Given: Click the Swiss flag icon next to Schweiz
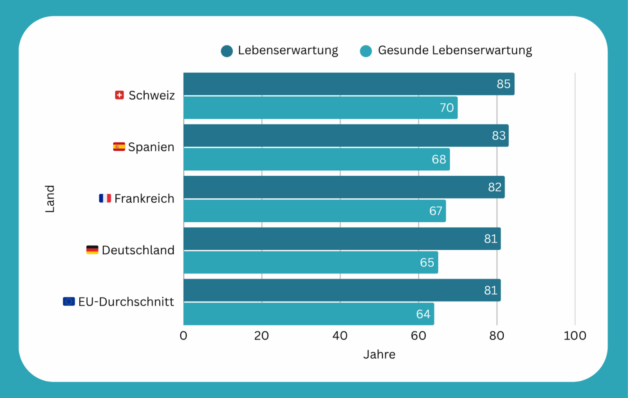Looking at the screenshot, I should [x=119, y=95].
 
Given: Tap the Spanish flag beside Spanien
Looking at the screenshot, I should [x=119, y=147].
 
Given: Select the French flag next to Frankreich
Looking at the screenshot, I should [x=105, y=198].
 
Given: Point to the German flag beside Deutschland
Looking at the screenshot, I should [x=92, y=250].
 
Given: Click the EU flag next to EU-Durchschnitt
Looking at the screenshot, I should [x=69, y=301].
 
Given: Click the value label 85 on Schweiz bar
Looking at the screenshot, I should [x=503, y=84].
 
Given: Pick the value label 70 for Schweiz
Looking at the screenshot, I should [x=446, y=108].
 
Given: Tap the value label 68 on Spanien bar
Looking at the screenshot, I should [x=439, y=159].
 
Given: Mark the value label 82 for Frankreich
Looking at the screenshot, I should [x=495, y=187].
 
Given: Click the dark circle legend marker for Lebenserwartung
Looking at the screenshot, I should [x=227, y=51].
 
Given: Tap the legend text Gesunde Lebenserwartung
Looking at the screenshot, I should [x=455, y=50].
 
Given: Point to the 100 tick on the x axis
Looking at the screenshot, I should [x=574, y=336].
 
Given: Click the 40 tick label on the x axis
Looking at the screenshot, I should [x=340, y=336].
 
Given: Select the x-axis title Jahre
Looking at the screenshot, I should [x=379, y=355].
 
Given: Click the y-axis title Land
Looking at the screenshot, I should [x=50, y=199].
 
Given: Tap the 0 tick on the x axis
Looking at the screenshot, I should [x=184, y=336].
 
